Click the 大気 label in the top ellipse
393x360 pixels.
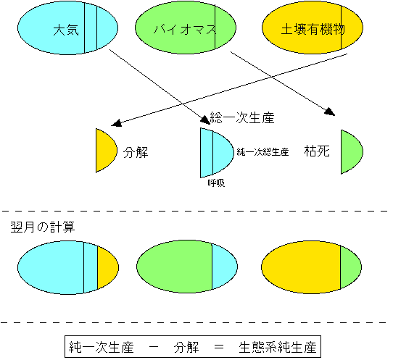pos(66,30)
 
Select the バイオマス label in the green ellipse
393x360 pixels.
pos(185,30)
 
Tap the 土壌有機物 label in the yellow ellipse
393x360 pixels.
pos(313,29)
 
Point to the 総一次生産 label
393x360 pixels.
pos(242,117)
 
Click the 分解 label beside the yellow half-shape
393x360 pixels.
pos(136,152)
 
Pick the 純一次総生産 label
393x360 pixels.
pos(262,152)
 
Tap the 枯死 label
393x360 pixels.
pos(317,151)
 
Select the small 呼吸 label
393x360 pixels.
pos(216,183)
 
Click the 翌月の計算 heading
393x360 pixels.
pos(43,227)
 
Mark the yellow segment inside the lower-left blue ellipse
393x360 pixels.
pos(107,267)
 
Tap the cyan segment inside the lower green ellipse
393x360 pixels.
pos(223,267)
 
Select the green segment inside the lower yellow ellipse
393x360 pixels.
pos(349,267)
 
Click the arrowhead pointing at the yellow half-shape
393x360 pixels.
pos(116,123)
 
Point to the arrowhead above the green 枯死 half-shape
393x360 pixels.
pos(330,112)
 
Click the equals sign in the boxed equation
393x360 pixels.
pos(218,347)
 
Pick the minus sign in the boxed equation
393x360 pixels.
pos(154,347)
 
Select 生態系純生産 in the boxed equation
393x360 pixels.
pos(278,347)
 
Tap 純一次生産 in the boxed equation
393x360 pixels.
pos(102,347)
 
